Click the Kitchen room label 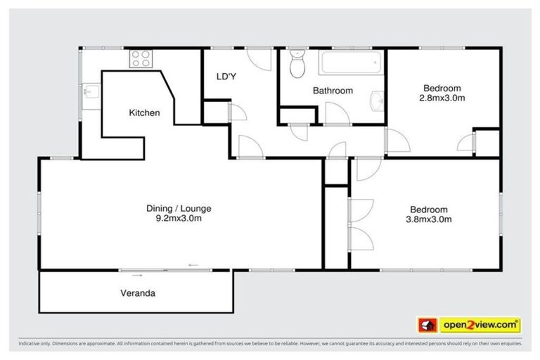(144, 112)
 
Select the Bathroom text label (333, 91)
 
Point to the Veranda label (137, 293)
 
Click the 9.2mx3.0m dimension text (178, 218)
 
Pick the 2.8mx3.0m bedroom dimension (442, 98)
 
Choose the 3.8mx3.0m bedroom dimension (429, 219)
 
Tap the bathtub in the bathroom (350, 64)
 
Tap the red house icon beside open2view (427, 325)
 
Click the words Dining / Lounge (178, 208)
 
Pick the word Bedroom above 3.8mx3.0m (429, 209)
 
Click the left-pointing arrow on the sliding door (193, 265)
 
